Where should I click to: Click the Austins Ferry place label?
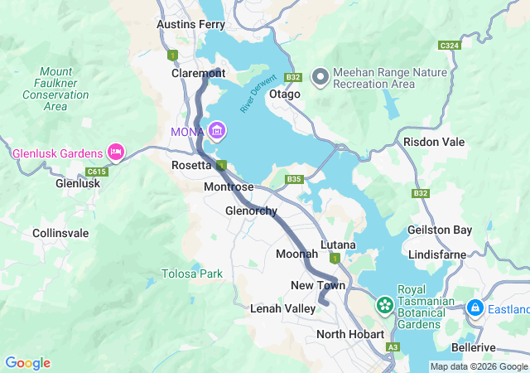[190, 25]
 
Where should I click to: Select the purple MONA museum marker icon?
[217, 130]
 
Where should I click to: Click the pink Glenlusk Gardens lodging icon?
[116, 153]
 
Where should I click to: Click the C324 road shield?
[450, 45]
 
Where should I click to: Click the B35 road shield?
[295, 179]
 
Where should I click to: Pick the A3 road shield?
[393, 347]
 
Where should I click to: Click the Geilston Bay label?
[440, 230]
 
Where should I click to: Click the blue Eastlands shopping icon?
[475, 308]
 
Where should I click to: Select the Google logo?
[27, 363]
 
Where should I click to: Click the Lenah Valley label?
[282, 308]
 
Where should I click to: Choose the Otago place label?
[285, 94]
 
